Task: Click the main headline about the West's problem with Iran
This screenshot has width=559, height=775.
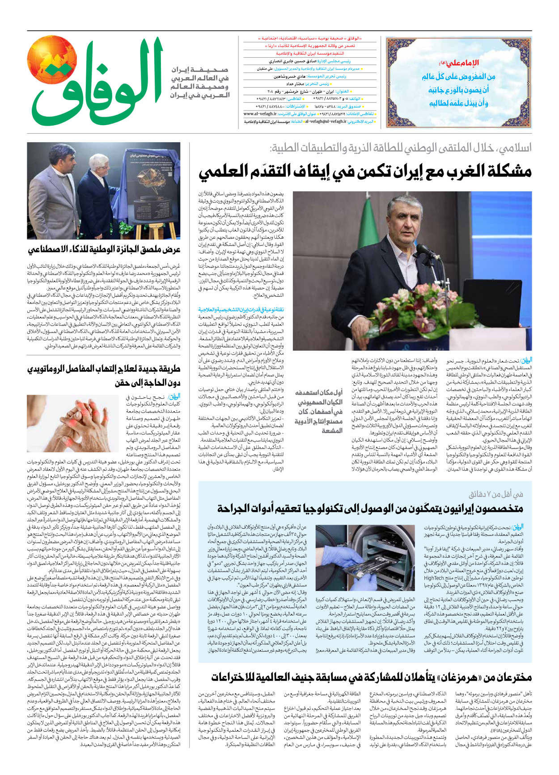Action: point(365,172)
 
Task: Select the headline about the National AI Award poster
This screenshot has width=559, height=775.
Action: point(104,250)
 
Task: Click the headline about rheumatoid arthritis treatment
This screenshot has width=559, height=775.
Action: point(104,375)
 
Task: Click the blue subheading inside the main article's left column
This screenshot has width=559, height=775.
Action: point(241,309)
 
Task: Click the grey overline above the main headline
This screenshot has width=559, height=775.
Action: point(401,148)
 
